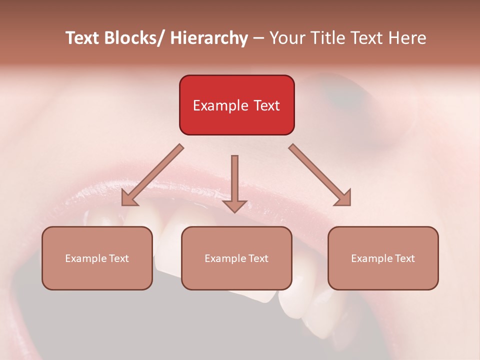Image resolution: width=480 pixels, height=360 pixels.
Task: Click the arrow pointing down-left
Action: pos(152,175)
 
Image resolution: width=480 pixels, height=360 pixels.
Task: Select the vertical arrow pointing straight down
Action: pos(234,182)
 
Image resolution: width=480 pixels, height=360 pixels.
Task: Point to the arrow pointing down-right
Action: pos(320,175)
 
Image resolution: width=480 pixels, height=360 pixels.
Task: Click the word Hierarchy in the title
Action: pos(209,38)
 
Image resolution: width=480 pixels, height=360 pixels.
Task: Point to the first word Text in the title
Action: pos(82,38)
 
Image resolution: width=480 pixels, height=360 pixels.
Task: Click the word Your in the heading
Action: pos(286,38)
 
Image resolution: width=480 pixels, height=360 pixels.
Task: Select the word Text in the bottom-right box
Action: pos(404,258)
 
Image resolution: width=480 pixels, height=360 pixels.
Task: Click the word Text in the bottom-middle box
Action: pos(258,258)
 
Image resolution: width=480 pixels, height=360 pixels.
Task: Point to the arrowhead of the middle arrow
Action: pos(234,205)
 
